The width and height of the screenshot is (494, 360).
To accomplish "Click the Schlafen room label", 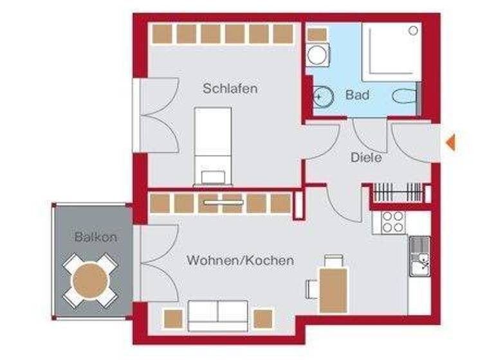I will pyautogui.click(x=230, y=89).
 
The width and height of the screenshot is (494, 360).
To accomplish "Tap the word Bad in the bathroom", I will pyautogui.click(x=357, y=95).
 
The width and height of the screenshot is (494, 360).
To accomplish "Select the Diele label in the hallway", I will pyautogui.click(x=367, y=157).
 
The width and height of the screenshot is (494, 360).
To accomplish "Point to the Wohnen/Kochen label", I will pyautogui.click(x=240, y=260).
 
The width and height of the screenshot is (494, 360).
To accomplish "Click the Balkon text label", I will pyautogui.click(x=95, y=237).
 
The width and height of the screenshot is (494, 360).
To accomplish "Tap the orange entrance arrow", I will pyautogui.click(x=452, y=143).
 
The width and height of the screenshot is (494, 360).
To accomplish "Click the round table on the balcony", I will pyautogui.click(x=91, y=280).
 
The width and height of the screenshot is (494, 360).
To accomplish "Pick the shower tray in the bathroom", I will pyautogui.click(x=392, y=51).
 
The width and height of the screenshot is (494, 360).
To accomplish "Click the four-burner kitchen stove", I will pyautogui.click(x=392, y=222).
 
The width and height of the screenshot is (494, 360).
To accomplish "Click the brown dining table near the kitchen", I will pyautogui.click(x=333, y=290).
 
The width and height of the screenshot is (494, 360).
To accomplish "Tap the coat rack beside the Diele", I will pyautogui.click(x=399, y=192).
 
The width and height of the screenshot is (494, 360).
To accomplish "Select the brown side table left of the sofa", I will pyautogui.click(x=172, y=318).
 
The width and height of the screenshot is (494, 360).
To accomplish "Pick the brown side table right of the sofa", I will pyautogui.click(x=262, y=318).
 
